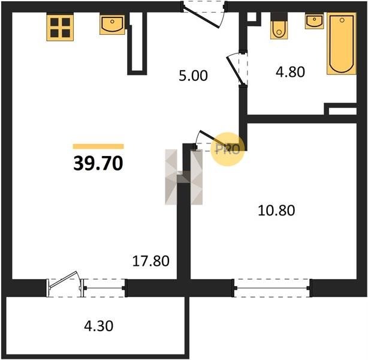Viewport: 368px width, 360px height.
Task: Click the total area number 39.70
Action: [98, 163]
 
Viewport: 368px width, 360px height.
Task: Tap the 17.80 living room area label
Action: [150, 261]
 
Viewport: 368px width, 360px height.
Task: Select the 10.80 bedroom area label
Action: [276, 211]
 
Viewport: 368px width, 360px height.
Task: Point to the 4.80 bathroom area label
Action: [290, 71]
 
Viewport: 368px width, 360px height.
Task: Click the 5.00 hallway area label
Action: [193, 76]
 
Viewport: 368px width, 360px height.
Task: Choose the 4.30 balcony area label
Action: [98, 326]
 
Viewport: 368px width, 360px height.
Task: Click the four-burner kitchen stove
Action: [60, 27]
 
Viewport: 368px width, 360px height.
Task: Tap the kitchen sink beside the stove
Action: [112, 25]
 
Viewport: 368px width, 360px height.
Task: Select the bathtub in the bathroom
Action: [342, 44]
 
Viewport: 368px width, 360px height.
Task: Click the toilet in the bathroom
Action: [279, 26]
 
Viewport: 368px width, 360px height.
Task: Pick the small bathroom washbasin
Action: [314, 20]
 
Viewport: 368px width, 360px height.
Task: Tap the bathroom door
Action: [237, 68]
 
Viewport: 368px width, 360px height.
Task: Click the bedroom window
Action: [272, 288]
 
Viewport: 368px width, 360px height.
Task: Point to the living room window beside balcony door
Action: [104, 288]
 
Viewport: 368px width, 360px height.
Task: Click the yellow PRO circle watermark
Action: [228, 149]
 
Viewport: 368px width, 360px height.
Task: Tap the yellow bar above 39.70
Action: [98, 146]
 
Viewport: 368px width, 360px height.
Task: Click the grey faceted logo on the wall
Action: [183, 177]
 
